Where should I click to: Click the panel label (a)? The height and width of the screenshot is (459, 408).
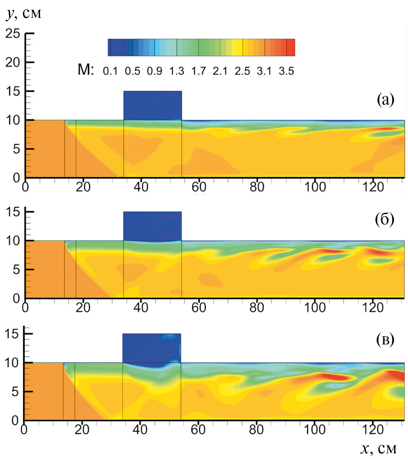tap(385, 99)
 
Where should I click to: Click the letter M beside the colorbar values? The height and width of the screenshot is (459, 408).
tap(86, 71)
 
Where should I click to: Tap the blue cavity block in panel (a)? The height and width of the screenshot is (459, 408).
tap(153, 105)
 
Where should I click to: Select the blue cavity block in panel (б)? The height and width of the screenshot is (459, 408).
tap(152, 226)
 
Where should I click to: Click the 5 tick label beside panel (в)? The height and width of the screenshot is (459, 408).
tap(16, 391)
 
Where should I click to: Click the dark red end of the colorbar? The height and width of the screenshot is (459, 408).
tap(290, 47)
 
